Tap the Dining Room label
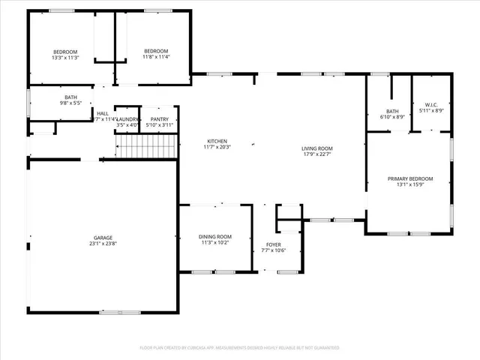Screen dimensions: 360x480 tap(215, 236)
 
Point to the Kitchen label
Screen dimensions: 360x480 tap(217, 141)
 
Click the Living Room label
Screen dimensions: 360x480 tap(317, 148)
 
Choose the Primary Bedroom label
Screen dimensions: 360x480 tap(409, 178)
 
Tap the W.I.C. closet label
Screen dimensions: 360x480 tap(431, 104)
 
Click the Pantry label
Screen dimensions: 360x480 tap(160, 119)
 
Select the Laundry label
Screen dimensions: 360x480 tap(127, 119)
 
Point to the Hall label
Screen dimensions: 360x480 tap(102, 113)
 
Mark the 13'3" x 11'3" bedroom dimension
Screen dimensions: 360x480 tap(65, 57)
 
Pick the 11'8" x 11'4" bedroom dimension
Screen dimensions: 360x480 tap(157, 57)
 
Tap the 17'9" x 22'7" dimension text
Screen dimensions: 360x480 tap(317, 155)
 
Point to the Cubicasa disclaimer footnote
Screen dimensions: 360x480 tap(240, 348)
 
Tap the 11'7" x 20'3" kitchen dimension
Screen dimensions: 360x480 tap(217, 148)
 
